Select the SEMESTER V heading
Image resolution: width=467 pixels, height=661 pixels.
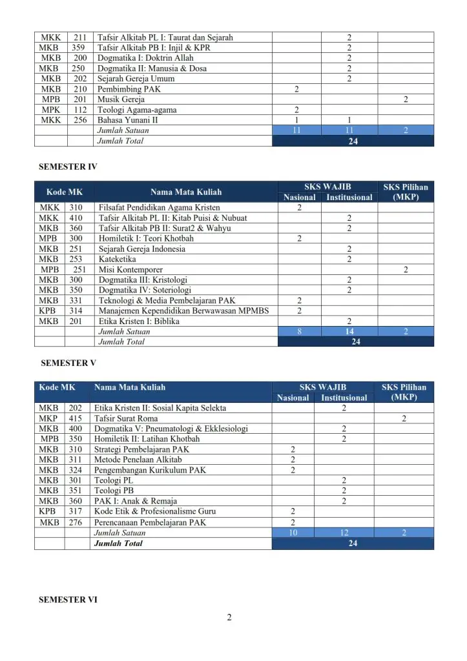coord(68,363)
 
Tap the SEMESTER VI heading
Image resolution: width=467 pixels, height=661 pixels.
coord(68,600)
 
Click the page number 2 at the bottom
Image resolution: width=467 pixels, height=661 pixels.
coord(229,618)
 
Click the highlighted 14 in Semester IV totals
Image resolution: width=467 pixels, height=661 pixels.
coord(349,332)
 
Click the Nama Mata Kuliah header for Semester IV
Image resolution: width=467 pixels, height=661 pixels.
coord(186,192)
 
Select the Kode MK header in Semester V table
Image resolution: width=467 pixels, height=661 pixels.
coord(57,387)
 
